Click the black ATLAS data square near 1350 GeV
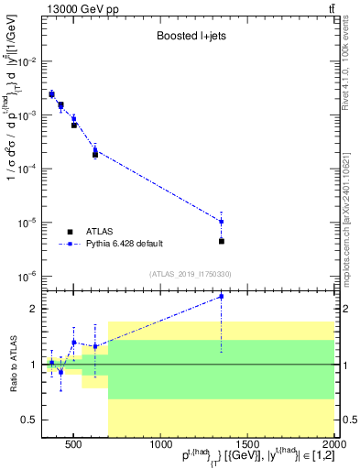[222, 241]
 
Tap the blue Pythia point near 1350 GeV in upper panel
[222, 221]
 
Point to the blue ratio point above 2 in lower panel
[222, 296]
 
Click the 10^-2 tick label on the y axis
[30, 61]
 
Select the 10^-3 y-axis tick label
[30, 115]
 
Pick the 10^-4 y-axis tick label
[30, 169]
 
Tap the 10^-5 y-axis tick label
[30, 223]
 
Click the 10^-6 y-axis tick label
[30, 276]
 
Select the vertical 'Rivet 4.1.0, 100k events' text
[352, 64]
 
